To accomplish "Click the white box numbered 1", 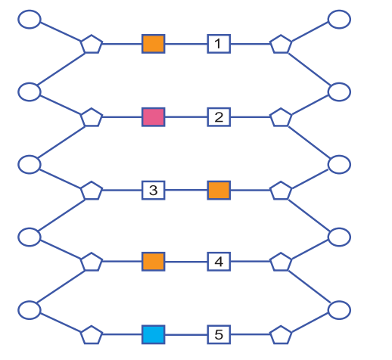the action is pos(219,44).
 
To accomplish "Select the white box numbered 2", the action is pos(219,117).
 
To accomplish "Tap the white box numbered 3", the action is pos(154,190).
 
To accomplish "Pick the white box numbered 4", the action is pos(219,262).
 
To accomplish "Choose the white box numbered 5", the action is pos(219,334).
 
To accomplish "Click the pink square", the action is pos(154,117).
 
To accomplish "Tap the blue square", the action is pos(154,334).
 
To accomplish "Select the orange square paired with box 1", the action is pos(154,44).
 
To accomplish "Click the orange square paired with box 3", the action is pos(219,190).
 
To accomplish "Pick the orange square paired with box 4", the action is pos(154,262).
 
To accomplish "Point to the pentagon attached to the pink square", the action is pos(92,117).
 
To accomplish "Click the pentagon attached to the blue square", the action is pos(92,335).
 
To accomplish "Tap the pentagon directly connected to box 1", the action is pos(281,44).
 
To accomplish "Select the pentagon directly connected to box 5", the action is pos(281,335).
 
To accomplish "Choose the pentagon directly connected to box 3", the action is pos(92,191).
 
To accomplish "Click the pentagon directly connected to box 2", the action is pos(281,117).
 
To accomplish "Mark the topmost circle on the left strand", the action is pos(30,20).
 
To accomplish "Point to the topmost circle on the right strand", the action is pos(339,20).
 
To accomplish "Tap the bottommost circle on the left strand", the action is pos(30,310).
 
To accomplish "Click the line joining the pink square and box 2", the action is pos(186,117).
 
